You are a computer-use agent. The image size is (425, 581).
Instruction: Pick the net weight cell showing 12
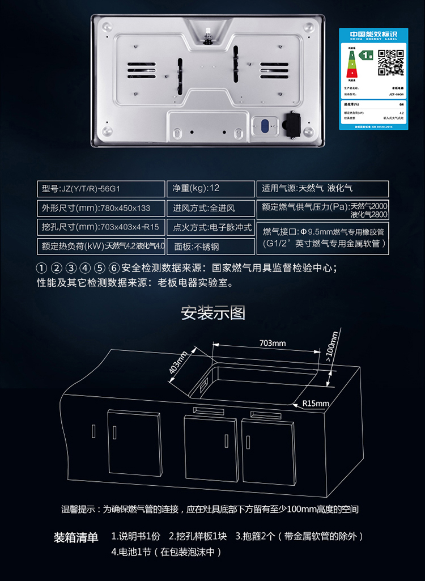coord(211,189)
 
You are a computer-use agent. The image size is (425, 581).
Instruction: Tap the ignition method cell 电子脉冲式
coord(211,228)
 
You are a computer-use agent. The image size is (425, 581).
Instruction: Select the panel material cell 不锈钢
coord(211,247)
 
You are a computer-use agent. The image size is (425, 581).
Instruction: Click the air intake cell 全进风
coord(211,208)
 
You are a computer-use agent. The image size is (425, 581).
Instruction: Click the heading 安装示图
coord(212,313)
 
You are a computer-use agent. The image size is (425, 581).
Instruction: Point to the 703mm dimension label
coord(273,343)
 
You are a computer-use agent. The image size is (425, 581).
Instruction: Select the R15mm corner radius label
coord(316,404)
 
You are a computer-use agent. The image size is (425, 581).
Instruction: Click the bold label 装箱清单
coord(76,537)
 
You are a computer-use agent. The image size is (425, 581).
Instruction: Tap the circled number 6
coord(114,268)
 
